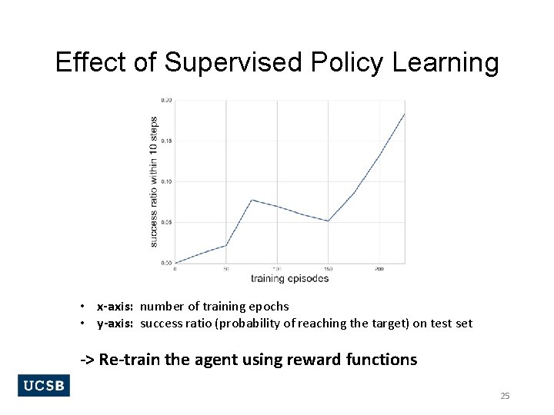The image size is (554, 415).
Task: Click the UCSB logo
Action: click(44, 386)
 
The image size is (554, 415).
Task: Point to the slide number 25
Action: click(505, 396)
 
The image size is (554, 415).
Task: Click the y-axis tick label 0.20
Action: click(166, 100)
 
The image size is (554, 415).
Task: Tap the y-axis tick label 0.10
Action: click(166, 181)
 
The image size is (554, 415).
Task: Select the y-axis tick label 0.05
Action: click(166, 222)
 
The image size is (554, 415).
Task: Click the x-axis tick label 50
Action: click(225, 269)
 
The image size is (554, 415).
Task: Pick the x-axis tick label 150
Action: click(329, 269)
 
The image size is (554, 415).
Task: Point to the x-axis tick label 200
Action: click(379, 269)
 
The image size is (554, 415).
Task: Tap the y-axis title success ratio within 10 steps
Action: click(154, 181)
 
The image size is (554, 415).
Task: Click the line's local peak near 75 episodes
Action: click(252, 200)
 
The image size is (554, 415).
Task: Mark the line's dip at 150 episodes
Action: click(329, 221)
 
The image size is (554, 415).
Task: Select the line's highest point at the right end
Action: click(404, 115)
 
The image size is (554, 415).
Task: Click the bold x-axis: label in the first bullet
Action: click(116, 307)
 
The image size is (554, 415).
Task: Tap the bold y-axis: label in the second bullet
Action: click(116, 324)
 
